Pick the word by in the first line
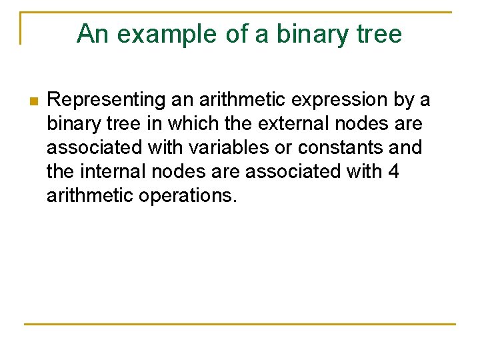point(403,101)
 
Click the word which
point(193,125)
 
